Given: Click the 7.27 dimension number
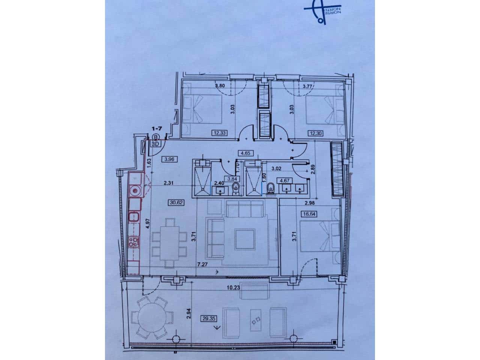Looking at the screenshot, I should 202,264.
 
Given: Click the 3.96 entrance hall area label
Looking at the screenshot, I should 168,159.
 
